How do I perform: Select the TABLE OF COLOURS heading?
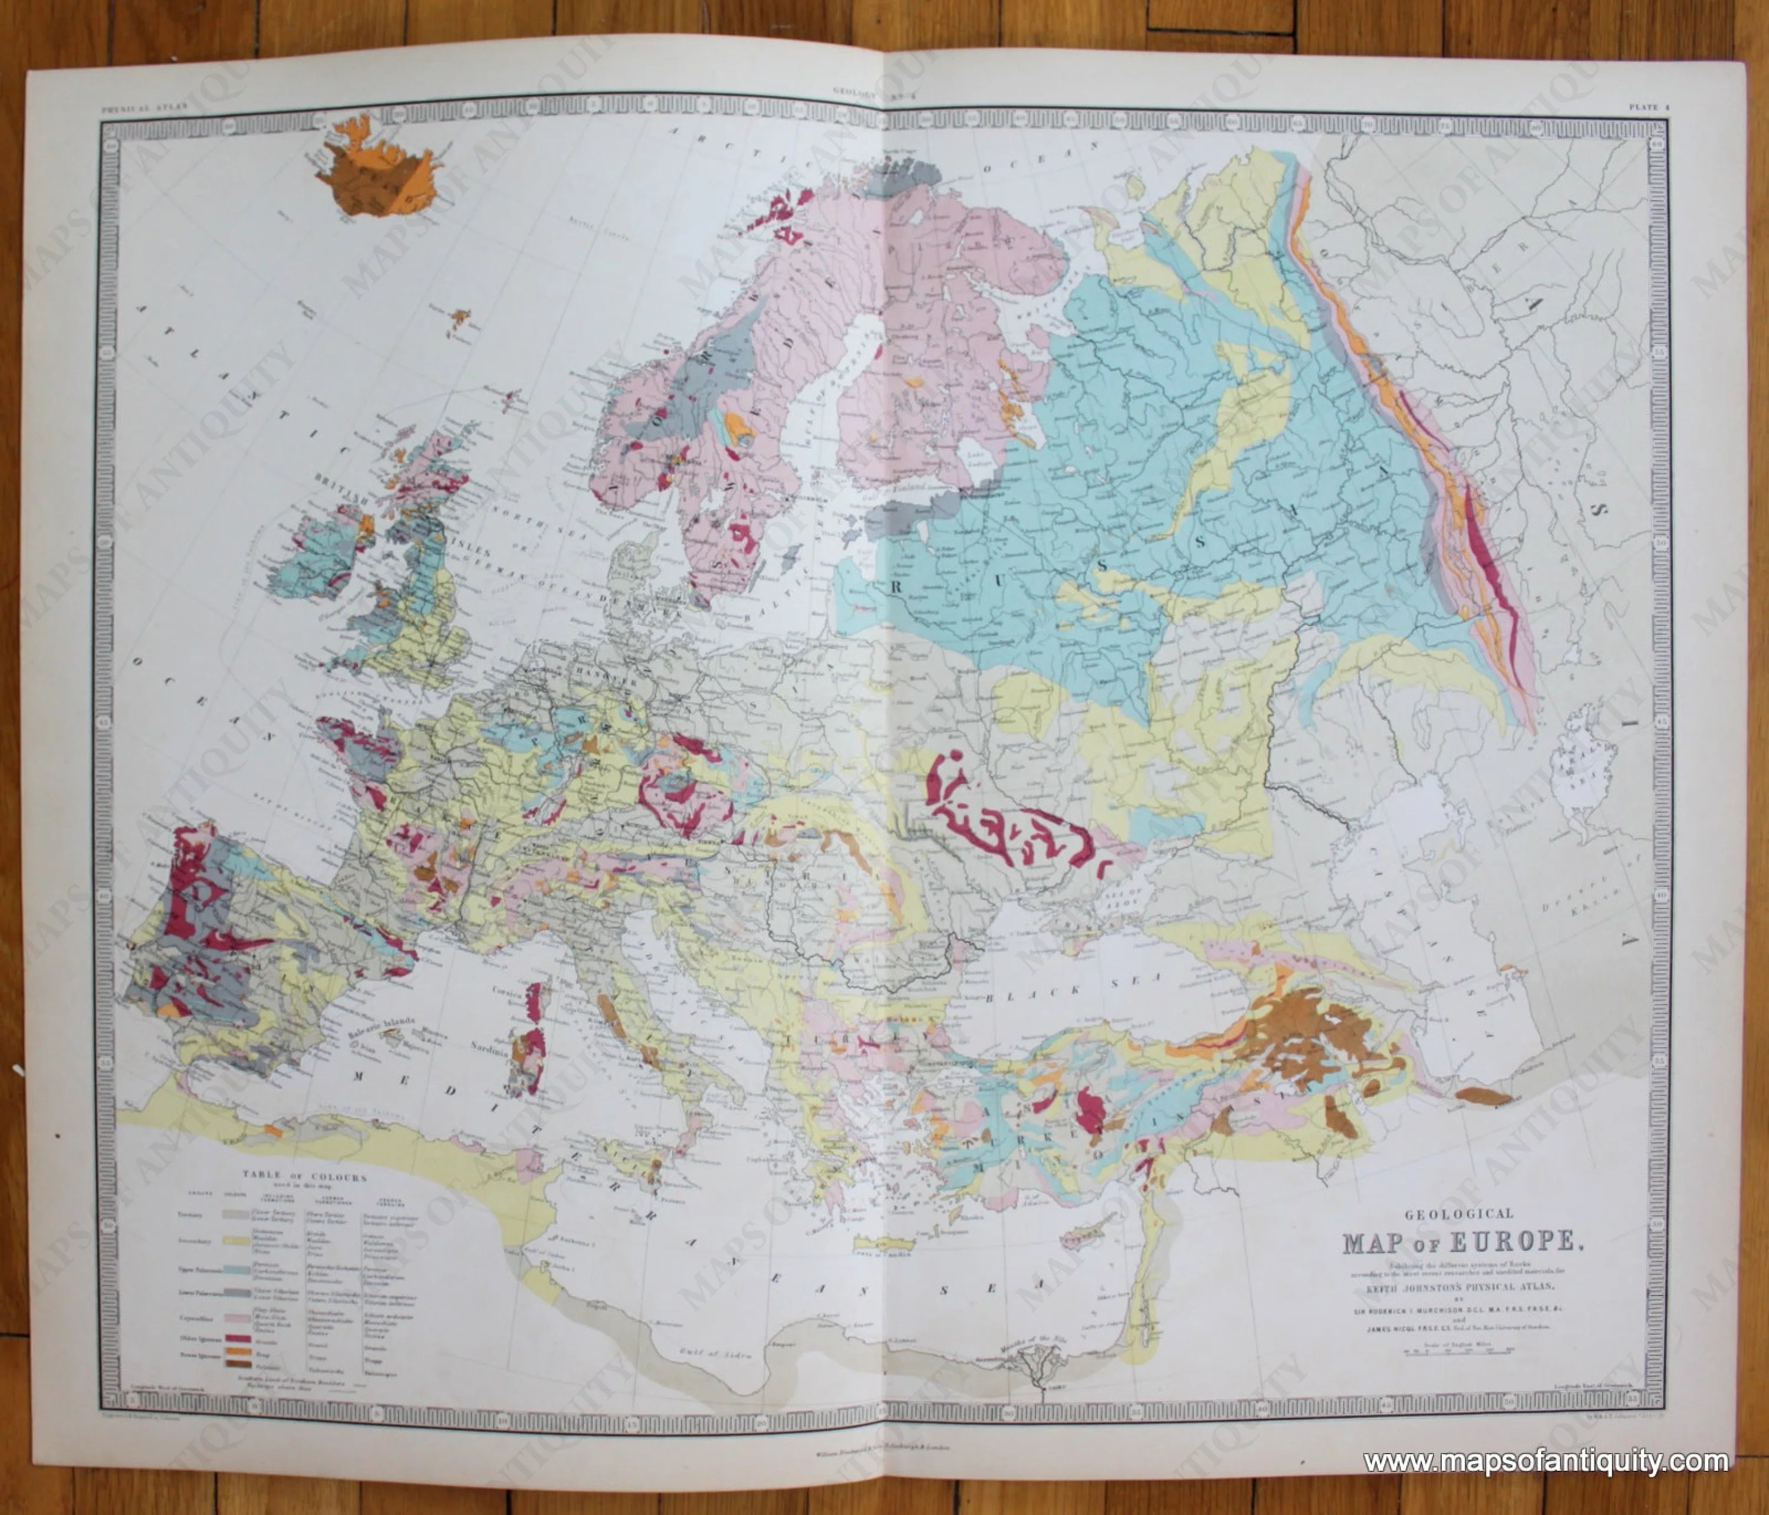tap(305, 1178)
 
